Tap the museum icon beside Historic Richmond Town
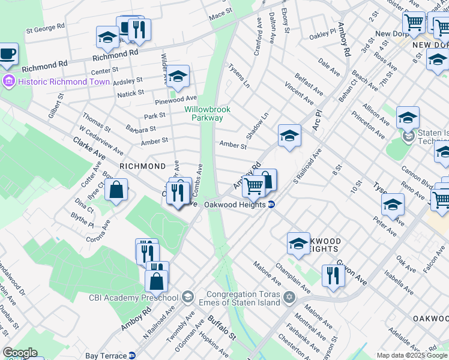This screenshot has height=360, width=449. pos(8,81)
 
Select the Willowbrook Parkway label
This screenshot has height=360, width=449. pos(203,113)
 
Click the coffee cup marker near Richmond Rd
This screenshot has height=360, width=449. pos(7,54)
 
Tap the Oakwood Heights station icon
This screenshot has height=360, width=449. pos(271,205)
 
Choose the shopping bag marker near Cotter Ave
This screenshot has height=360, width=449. pos(116,190)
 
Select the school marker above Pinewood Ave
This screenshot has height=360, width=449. pos(178,77)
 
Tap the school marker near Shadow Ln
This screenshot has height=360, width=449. pos(289,136)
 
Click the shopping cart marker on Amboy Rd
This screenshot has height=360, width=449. pos(254,187)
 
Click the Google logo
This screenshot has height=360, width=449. pos(20,353)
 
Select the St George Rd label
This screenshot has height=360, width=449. pos(45,28)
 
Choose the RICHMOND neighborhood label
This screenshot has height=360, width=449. pos(142,166)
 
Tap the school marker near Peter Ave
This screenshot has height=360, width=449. pos(393,205)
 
